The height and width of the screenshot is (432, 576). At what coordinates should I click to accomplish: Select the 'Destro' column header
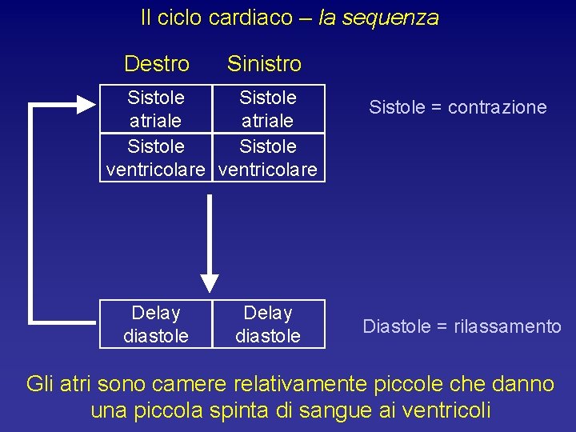[157, 63]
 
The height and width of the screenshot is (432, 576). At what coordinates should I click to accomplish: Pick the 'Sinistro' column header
[264, 63]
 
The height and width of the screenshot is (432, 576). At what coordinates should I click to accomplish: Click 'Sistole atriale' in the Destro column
[156, 109]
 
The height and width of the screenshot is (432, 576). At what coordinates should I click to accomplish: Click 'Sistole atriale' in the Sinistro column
[268, 109]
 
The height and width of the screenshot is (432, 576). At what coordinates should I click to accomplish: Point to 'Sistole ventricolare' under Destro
[156, 158]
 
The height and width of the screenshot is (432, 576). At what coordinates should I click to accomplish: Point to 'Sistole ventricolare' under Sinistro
[268, 158]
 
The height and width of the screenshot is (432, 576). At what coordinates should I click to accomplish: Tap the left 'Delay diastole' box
[156, 324]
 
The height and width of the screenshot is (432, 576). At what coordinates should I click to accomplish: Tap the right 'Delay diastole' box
[268, 324]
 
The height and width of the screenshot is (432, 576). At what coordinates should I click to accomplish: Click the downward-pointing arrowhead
[210, 282]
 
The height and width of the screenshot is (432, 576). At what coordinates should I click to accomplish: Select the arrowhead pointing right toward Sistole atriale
[86, 103]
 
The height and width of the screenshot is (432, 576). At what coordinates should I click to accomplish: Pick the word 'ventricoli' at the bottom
[445, 411]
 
